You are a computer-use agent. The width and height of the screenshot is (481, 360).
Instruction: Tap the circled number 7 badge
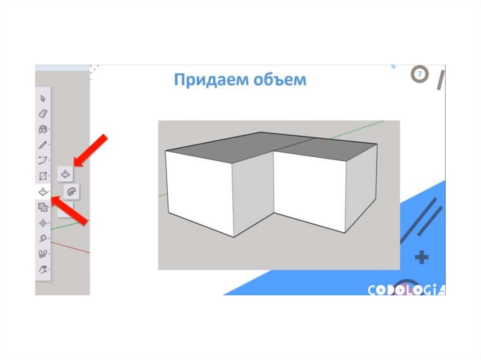[x=419, y=74]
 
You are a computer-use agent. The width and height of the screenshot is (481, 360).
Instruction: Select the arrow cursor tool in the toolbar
[x=43, y=98]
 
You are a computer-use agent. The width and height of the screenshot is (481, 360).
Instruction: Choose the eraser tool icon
[x=43, y=114]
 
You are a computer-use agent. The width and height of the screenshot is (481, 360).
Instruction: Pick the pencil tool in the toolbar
[x=43, y=145]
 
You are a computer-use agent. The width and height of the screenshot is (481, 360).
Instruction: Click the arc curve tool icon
[x=43, y=161]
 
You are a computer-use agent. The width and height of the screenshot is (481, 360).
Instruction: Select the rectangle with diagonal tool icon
[x=43, y=176]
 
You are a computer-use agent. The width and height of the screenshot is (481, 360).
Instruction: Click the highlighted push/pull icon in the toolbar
[x=43, y=191]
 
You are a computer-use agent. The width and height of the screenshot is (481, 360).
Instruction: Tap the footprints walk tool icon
[x=43, y=254]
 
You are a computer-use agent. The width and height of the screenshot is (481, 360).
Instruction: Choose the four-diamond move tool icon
[x=43, y=223]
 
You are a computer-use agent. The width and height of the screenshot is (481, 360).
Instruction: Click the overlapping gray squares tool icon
[x=43, y=207]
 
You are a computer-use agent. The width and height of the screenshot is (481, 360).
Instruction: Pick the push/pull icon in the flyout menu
[x=65, y=174]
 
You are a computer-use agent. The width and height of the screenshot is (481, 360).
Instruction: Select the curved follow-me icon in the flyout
[x=71, y=192]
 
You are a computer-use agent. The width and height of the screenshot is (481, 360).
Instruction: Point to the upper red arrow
[x=91, y=151]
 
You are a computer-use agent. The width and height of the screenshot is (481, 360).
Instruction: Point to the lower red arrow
[x=70, y=211]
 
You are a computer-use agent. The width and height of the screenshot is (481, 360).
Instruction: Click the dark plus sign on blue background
[x=421, y=257]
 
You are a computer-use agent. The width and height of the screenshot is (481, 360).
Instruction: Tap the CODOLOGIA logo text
[x=406, y=290]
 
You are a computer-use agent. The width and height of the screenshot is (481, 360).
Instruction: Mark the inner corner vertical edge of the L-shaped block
[x=274, y=183]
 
